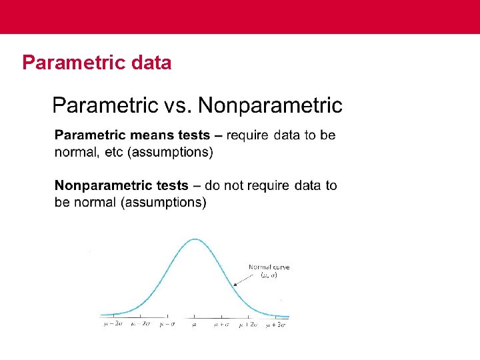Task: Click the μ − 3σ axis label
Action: click(113, 324)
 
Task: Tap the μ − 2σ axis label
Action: click(140, 324)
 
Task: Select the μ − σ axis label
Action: click(167, 324)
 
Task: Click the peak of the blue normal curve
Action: click(195, 239)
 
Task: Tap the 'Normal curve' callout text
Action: click(269, 267)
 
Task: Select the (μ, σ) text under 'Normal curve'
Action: click(269, 275)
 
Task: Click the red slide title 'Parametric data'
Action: click(97, 63)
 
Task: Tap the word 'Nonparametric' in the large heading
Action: click(270, 105)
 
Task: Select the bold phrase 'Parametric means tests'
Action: click(132, 135)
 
